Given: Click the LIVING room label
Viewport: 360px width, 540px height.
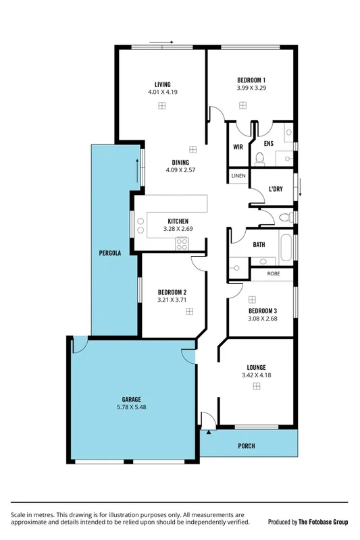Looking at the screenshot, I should [162, 84].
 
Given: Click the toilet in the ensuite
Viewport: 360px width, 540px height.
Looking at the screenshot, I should [261, 159].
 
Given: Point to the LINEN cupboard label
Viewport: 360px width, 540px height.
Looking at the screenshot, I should [238, 176].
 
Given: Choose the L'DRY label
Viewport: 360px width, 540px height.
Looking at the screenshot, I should [275, 190].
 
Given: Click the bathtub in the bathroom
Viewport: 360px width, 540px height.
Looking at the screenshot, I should [286, 248].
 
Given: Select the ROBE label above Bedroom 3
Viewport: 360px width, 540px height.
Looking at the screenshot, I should [273, 274].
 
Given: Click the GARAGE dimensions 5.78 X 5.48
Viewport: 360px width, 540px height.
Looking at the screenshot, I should [131, 408].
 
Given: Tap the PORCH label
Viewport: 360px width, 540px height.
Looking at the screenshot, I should [247, 446].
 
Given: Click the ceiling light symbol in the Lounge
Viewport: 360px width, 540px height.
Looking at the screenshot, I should [257, 385].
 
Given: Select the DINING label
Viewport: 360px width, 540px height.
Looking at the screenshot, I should [180, 162].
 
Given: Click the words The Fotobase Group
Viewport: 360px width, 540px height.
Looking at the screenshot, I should [322, 522].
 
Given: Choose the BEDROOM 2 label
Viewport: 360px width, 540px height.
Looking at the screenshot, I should [172, 292].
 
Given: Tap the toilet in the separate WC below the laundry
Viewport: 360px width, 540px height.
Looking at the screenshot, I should [282, 217].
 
